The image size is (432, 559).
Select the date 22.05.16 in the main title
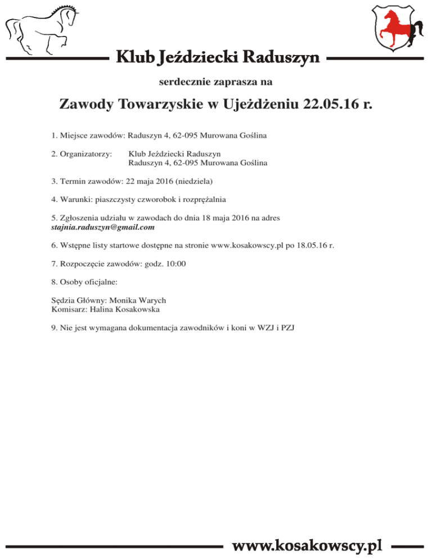pyautogui.click(x=331, y=105)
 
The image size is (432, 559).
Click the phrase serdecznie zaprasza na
pyautogui.click(x=216, y=82)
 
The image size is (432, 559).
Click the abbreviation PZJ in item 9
pyautogui.click(x=288, y=328)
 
